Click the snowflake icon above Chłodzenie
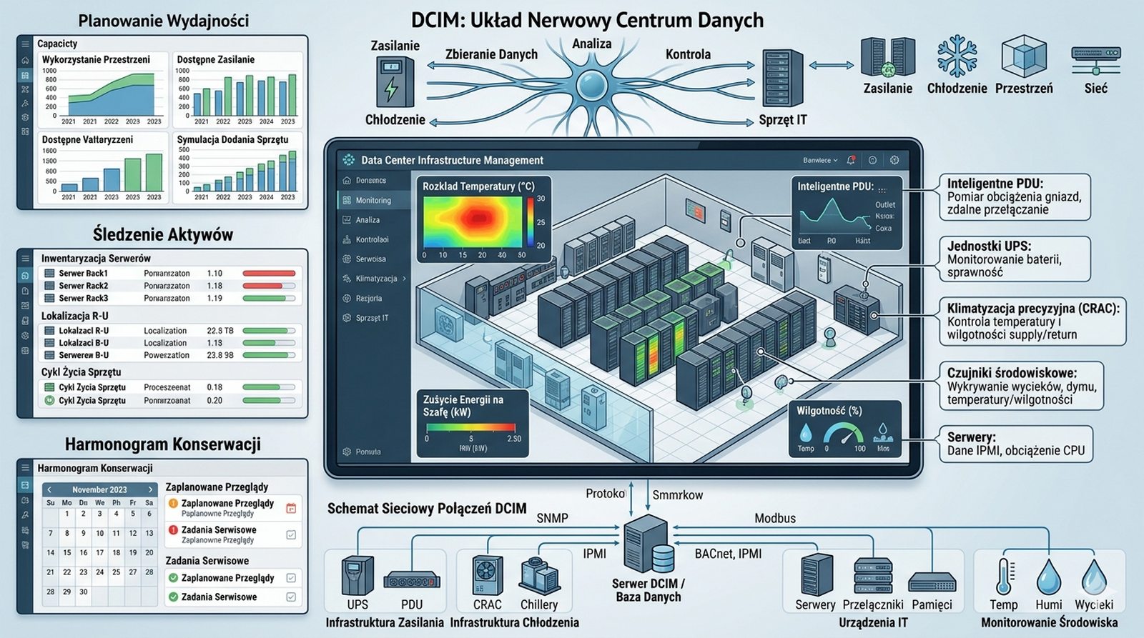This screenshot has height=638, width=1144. pyautogui.click(x=957, y=56)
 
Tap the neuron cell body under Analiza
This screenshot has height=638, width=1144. pyautogui.click(x=591, y=83)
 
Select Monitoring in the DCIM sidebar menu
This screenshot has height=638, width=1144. pyautogui.click(x=373, y=200)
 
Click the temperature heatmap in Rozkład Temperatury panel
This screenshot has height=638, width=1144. pyautogui.click(x=473, y=221)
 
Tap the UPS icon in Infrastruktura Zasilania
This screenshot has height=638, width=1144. pyautogui.click(x=357, y=576)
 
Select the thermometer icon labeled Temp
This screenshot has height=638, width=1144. pyautogui.click(x=1004, y=576)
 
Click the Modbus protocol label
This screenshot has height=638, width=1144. pyautogui.click(x=775, y=518)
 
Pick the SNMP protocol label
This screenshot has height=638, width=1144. pyautogui.click(x=552, y=518)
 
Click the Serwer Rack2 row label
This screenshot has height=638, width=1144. pyautogui.click(x=83, y=286)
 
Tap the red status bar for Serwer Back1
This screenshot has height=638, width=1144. pyautogui.click(x=269, y=274)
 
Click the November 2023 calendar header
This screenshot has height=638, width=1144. pyautogui.click(x=99, y=489)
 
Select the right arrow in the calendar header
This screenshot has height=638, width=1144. pyautogui.click(x=150, y=489)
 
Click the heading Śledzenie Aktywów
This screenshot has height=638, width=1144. pyautogui.click(x=162, y=234)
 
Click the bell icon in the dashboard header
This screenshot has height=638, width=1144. pyautogui.click(x=851, y=160)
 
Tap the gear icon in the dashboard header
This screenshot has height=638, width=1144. pyautogui.click(x=894, y=160)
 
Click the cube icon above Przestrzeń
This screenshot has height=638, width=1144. pyautogui.click(x=1024, y=56)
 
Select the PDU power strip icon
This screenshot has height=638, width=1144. pyautogui.click(x=411, y=582)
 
